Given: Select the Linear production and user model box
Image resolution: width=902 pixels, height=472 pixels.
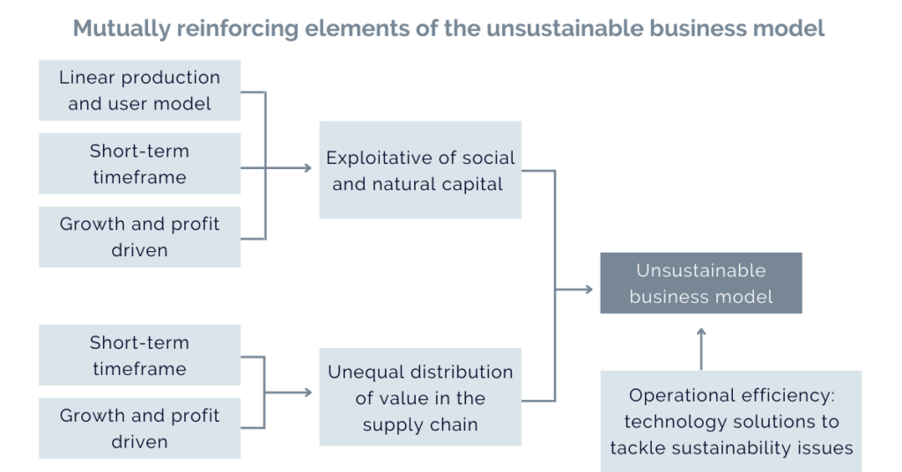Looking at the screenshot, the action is pyautogui.click(x=140, y=90).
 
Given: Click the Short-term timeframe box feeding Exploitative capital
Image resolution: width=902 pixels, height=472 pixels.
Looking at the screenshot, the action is pyautogui.click(x=140, y=164).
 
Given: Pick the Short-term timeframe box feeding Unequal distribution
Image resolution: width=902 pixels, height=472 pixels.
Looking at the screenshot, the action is pyautogui.click(x=140, y=355).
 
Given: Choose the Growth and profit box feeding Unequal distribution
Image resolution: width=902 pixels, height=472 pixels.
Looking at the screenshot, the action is pyautogui.click(x=140, y=428).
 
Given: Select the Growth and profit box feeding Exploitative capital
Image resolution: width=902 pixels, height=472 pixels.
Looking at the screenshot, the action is pyautogui.click(x=140, y=237).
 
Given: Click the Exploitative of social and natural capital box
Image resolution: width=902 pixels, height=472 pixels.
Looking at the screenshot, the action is pyautogui.click(x=420, y=170).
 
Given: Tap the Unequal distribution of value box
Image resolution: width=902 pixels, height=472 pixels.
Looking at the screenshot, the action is pyautogui.click(x=420, y=397).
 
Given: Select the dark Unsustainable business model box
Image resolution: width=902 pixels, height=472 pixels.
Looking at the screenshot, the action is pyautogui.click(x=701, y=283).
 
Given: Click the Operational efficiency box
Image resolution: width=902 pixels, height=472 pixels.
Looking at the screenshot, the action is pyautogui.click(x=731, y=422).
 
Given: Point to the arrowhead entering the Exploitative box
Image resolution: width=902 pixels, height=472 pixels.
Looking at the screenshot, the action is pyautogui.click(x=309, y=168).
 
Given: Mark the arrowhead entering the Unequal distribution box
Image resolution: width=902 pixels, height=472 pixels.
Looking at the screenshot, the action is pyautogui.click(x=309, y=393).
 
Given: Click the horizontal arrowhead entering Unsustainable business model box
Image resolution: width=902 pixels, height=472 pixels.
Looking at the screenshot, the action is pyautogui.click(x=589, y=289).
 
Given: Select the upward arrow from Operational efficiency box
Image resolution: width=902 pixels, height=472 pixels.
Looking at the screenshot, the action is pyautogui.click(x=701, y=349).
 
